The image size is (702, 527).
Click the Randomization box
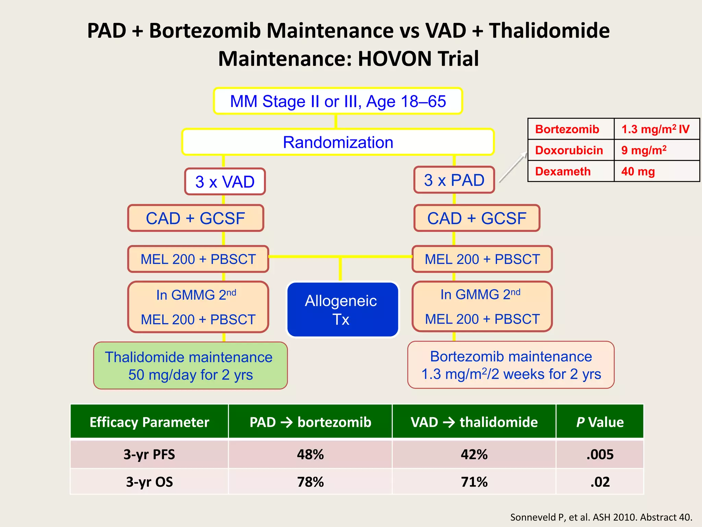(338, 142)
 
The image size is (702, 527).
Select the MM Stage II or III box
(338, 101)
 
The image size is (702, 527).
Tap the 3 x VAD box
(225, 181)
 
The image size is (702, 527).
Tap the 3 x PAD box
(454, 180)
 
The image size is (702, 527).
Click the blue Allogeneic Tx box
(342, 310)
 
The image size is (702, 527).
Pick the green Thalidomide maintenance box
(190, 366)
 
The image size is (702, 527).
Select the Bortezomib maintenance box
(511, 365)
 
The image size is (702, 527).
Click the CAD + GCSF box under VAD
(195, 218)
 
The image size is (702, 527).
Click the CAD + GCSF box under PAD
(477, 218)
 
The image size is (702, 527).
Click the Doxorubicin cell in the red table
(570, 150)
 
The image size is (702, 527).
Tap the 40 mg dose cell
(656, 171)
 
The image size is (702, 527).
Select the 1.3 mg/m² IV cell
(656, 129)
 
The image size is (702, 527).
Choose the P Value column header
(600, 422)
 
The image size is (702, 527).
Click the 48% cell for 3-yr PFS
(310, 454)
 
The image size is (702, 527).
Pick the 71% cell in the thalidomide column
(474, 482)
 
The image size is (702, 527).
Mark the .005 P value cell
(600, 454)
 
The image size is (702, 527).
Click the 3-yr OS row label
(149, 482)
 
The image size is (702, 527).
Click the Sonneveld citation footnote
(601, 517)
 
